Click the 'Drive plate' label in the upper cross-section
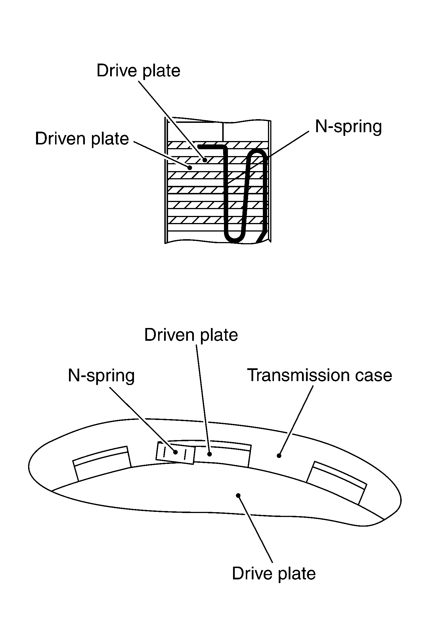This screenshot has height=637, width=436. click(x=138, y=71)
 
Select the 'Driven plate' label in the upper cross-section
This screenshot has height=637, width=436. click(x=82, y=139)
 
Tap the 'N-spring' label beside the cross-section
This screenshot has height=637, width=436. click(x=348, y=127)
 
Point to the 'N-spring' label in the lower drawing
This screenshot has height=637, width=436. click(x=101, y=376)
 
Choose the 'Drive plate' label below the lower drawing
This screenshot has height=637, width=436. click(x=274, y=573)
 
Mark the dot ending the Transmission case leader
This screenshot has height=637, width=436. click(x=279, y=456)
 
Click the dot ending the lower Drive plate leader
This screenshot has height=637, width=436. click(x=238, y=495)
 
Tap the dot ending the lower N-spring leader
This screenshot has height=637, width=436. click(x=175, y=452)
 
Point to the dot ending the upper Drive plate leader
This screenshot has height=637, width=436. click(x=205, y=160)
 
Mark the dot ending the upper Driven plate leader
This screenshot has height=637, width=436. click(x=190, y=167)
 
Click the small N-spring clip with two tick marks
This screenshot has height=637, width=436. click(x=175, y=453)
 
